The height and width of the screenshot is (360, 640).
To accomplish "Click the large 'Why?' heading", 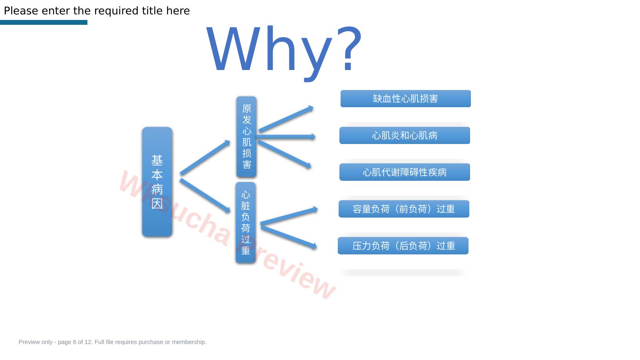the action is coord(284,52).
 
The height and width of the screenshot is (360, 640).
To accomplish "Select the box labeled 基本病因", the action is coord(157,182).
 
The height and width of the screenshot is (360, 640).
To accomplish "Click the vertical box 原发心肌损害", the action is coord(246,137).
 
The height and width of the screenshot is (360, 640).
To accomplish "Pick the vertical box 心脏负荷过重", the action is coord(245,222).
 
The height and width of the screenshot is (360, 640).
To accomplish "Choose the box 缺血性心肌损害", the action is coord(405,99).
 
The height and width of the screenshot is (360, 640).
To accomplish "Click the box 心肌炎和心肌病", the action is coord(405,135).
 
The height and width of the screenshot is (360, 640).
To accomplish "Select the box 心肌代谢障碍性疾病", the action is coord(405,172).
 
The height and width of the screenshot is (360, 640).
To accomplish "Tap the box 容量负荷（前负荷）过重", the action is coord(404,209).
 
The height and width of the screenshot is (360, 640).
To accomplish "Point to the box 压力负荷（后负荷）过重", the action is coord(403,246).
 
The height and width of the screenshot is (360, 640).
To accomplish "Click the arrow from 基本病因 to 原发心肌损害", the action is coord(205,158).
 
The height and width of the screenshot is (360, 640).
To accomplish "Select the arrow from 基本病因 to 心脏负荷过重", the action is coord(205,196).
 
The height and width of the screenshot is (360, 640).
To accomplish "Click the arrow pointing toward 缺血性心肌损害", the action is coord(286,119).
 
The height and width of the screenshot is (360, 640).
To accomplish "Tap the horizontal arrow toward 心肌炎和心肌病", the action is coord(286,137).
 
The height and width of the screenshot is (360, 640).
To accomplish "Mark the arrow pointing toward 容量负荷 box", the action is coord(289,216).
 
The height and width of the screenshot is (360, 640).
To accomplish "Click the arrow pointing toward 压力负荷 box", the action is coord(289,237).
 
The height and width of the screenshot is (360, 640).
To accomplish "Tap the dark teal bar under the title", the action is coord(44,22).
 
